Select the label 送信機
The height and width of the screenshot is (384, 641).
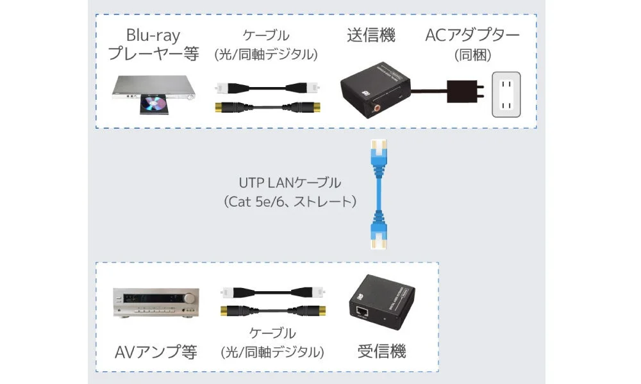pyautogui.click(x=372, y=35)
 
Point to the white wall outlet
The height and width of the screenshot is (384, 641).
pyautogui.click(x=506, y=95)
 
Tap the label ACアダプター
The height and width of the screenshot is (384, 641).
pyautogui.click(x=472, y=35)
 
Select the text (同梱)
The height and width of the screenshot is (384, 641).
pyautogui.click(x=472, y=55)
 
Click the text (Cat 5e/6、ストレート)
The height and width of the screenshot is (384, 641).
pyautogui.click(x=290, y=202)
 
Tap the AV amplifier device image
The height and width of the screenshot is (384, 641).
pyautogui.click(x=156, y=302)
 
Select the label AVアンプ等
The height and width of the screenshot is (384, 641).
pyautogui.click(x=156, y=351)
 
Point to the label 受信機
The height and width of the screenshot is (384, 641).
pyautogui.click(x=381, y=351)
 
